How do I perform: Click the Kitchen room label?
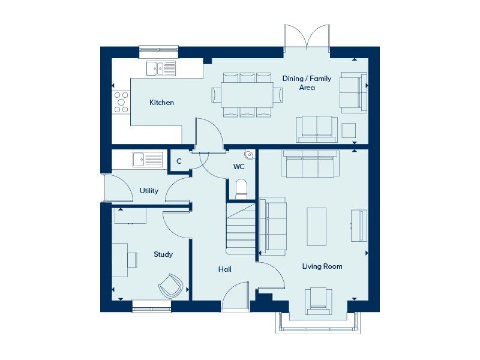pos(161,103)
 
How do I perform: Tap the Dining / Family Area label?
pos(307,83)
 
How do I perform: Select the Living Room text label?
pos(322,266)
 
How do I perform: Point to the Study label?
pos(163,254)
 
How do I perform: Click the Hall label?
pos(225,269)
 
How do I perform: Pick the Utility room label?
pos(149,191)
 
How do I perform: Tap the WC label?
pos(239,166)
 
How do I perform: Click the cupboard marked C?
pos(179,161)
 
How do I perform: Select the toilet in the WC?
pos(241,188)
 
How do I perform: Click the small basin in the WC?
pos(250,155)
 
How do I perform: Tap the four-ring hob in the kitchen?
pos(122,101)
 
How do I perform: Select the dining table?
pos(247,95)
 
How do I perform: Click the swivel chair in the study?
pos(170,286)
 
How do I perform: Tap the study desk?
pos(119,260)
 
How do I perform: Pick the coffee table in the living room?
pos(316,225)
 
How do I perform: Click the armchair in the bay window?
pos(318,301)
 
